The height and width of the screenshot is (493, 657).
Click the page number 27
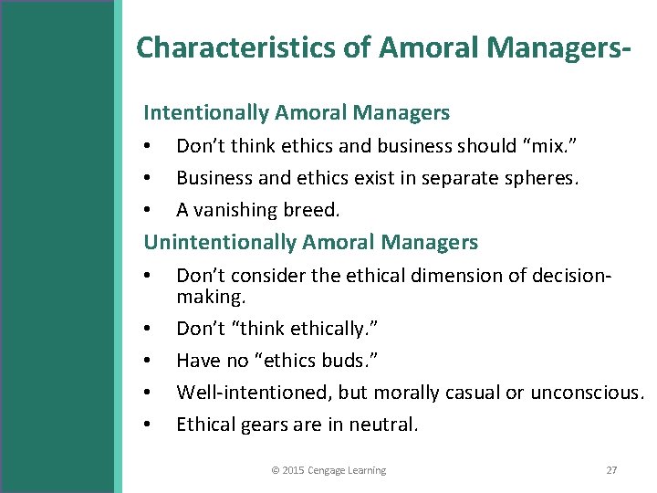611,470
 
